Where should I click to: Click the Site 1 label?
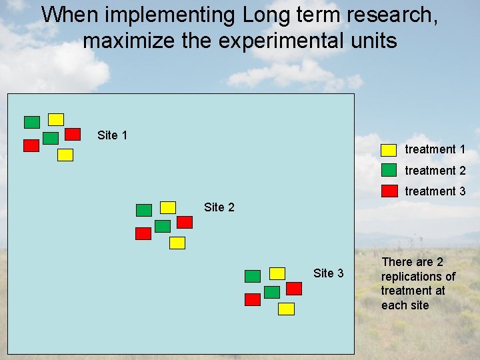112,135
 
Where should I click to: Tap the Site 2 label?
219,207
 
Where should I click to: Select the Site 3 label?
328,273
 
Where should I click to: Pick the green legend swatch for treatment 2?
389,171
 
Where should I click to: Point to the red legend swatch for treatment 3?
389,191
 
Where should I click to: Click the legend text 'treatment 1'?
435,150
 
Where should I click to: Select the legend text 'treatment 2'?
435,171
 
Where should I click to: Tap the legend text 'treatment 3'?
435,191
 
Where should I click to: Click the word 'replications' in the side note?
418,277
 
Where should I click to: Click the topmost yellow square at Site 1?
56,119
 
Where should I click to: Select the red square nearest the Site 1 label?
73,134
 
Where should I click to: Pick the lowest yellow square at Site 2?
177,243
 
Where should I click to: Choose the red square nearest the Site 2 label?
185,222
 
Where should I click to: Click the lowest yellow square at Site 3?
286,309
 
